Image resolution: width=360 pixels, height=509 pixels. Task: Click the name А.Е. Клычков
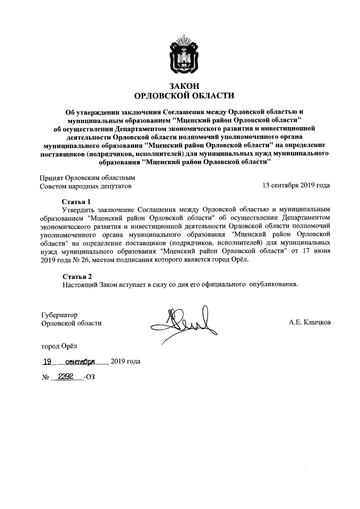click(x=310, y=323)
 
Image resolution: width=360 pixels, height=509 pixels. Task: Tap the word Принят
click(x=52, y=177)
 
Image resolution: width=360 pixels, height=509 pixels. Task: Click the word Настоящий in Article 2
click(x=82, y=285)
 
